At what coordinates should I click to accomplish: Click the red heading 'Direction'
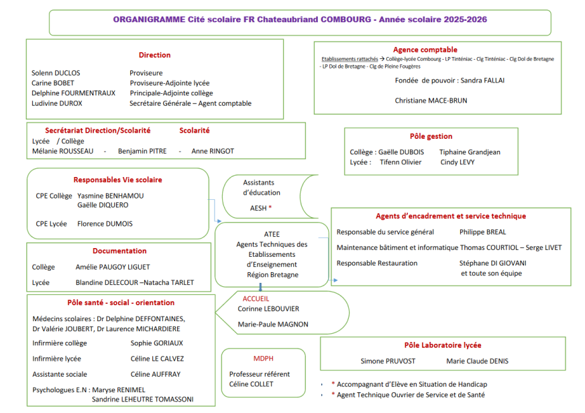coord(154,55)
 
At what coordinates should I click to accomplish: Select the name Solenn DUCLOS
coord(56,73)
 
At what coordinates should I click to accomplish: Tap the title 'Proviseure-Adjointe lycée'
coord(170,83)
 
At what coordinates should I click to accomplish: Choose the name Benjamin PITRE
coord(142,152)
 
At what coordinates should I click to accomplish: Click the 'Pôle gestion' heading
coord(431,137)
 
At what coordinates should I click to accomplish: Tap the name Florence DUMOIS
coord(105,224)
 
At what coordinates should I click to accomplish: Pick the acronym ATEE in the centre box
coord(272,235)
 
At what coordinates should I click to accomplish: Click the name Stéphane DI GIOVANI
coord(491,263)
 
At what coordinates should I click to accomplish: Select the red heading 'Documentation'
coord(119,251)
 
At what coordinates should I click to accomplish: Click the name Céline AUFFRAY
coord(155,374)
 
